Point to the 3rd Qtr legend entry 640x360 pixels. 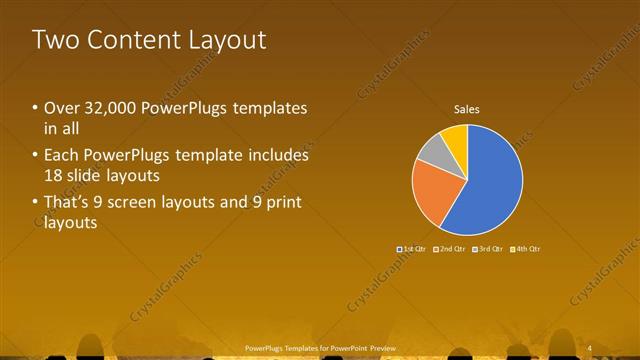(489, 248)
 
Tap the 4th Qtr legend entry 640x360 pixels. (526, 248)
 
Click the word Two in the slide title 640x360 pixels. (52, 40)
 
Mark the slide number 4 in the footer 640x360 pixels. (591, 347)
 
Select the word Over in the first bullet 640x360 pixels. (60, 108)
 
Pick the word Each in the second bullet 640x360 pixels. (61, 156)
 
